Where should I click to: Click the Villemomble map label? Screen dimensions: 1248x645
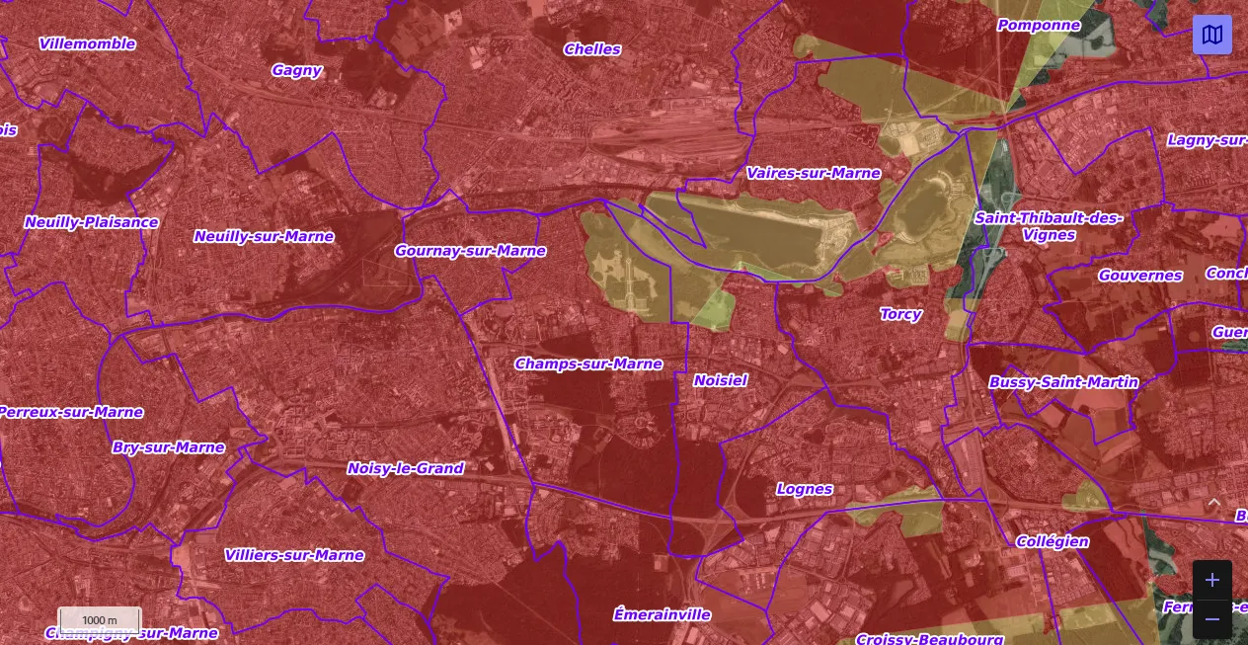point(87,43)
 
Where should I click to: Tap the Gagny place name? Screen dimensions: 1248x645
point(296,70)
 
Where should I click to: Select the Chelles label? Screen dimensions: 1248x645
point(592,48)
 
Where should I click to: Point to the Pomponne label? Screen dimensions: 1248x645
point(1039,25)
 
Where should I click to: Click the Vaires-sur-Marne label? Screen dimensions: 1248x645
point(813,173)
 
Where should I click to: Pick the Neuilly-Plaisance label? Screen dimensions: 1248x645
point(91,222)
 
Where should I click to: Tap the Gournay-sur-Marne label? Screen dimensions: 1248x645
point(470,251)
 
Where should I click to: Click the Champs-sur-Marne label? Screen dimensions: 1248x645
point(588,363)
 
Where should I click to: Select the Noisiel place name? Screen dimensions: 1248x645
point(720,380)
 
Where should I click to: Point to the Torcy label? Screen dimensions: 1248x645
point(900,314)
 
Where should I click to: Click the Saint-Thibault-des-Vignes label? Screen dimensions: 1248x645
point(1049,226)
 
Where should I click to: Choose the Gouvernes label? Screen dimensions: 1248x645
point(1139,276)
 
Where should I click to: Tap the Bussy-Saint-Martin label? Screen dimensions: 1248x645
point(1063,382)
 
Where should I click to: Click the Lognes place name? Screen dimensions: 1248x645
point(805,489)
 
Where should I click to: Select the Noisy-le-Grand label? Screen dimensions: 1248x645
point(405,468)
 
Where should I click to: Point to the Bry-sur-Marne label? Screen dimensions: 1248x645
point(169,447)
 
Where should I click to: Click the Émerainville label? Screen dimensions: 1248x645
point(662,614)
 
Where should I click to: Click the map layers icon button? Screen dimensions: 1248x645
point(1211,35)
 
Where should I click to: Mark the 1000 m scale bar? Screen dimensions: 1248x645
point(100,620)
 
